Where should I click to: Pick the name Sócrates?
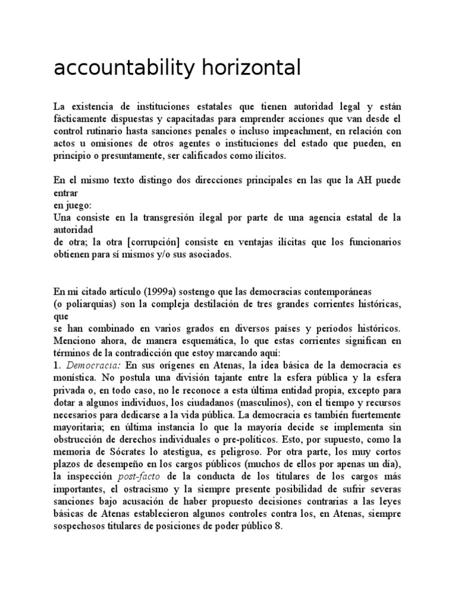point(120,452)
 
